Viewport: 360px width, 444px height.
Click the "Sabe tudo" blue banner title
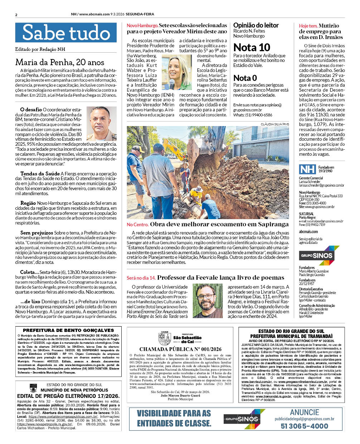tap(66, 33)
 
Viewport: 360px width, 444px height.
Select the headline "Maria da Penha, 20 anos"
tap(60, 62)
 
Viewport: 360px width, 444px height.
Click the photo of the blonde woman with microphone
tap(176, 72)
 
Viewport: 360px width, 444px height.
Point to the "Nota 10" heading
tap(252, 48)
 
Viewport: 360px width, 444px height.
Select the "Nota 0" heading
tap(245, 78)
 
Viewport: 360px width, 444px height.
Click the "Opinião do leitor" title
tap(256, 25)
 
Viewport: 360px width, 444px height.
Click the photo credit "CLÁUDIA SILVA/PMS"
tap(275, 124)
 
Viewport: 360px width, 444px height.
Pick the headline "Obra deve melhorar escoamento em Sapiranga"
tap(219, 225)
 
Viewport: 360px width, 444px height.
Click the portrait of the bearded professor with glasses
tap(208, 301)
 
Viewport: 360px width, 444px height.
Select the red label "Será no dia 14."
tap(141, 278)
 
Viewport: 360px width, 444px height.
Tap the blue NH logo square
tap(307, 169)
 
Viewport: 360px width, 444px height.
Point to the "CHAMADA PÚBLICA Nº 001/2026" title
tap(180, 349)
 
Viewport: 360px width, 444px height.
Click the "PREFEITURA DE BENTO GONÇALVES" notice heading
tap(68, 330)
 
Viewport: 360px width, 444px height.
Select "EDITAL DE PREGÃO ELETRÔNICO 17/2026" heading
tap(68, 396)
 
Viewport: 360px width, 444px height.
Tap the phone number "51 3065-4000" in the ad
tap(304, 426)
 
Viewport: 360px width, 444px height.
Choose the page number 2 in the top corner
tap(16, 15)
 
